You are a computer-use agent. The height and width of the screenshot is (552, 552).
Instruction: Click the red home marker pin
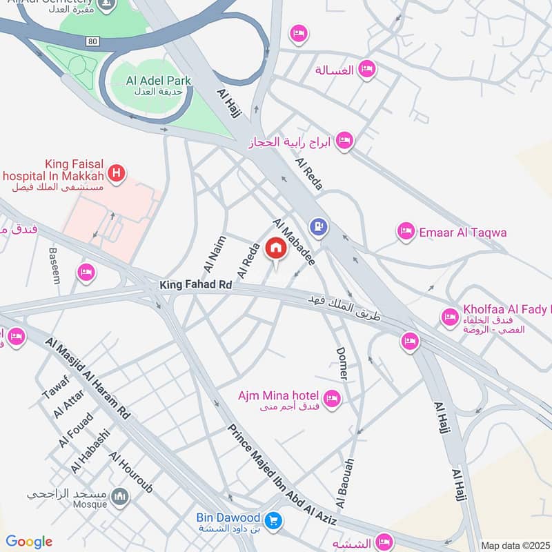275,248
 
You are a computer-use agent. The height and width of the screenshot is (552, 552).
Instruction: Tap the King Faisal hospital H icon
117,172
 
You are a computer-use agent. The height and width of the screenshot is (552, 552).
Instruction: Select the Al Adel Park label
159,81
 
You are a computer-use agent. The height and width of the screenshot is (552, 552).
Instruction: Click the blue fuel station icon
318,225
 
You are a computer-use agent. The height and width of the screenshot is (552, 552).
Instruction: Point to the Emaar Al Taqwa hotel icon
406,232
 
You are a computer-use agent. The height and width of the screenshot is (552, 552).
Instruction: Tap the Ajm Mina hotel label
278,396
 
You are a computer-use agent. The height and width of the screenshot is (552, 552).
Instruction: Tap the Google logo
29,542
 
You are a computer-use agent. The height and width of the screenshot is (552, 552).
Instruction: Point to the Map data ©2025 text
514,545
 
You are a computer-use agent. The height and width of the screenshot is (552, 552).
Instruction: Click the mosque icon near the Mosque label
120,496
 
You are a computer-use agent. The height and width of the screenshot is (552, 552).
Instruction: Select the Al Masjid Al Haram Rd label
88,378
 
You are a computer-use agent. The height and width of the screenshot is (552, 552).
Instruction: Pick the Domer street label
341,363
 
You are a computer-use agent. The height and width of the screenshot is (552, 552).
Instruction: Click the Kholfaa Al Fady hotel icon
450,317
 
